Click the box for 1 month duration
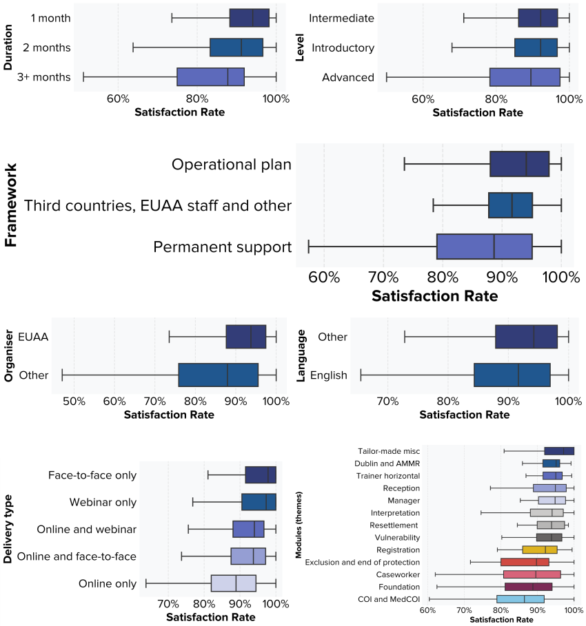[x=249, y=18]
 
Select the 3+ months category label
[x=44, y=77]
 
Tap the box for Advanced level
[x=525, y=77]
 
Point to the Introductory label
[x=343, y=48]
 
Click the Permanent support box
[x=484, y=247]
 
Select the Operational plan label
[x=232, y=165]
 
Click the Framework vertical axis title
[x=12, y=205]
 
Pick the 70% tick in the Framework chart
[x=383, y=278]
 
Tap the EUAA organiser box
[x=245, y=337]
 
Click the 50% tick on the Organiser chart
[x=74, y=400]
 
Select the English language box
[x=512, y=375]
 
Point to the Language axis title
[x=301, y=356]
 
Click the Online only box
[x=233, y=583]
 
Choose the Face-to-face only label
[x=92, y=475]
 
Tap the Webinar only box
[x=259, y=502]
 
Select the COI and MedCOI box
[x=520, y=599]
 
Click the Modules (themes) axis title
[x=299, y=525]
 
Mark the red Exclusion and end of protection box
[x=525, y=562]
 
